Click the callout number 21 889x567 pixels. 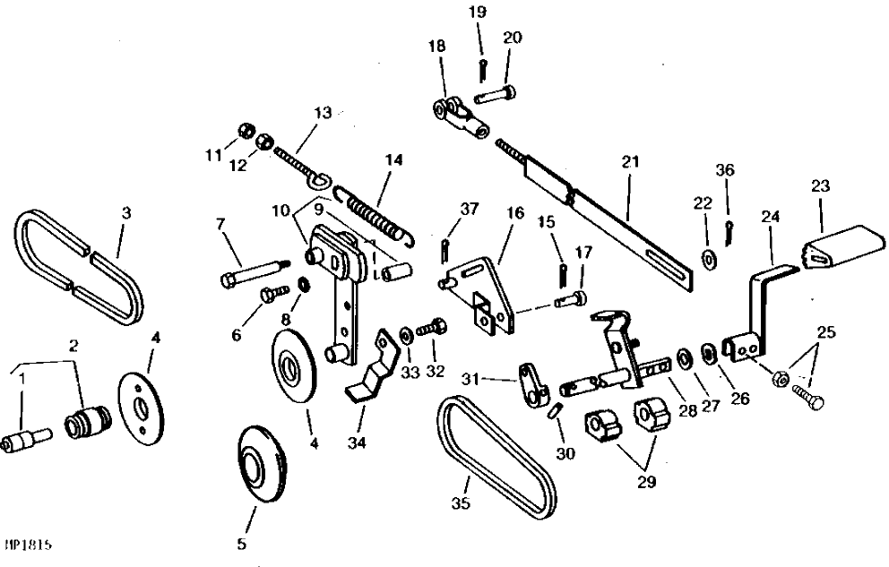(x=630, y=162)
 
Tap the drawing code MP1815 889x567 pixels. (x=29, y=545)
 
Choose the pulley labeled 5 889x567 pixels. (x=262, y=464)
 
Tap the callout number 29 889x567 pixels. (x=646, y=482)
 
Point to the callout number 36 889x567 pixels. (x=725, y=170)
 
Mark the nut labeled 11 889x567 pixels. (x=245, y=132)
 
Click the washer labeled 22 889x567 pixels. (x=708, y=259)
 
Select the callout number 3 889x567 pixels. (x=125, y=213)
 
